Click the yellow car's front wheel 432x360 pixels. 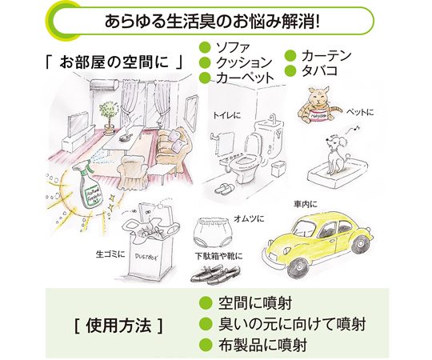point(298,267)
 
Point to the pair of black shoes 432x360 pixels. point(216,274)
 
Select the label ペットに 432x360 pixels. point(360,112)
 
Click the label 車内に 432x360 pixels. point(306,204)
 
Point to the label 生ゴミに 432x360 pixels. point(110,254)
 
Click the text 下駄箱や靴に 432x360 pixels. point(219,256)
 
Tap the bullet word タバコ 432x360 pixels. point(319,70)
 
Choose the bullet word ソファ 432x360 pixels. point(233,48)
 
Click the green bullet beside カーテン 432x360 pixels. point(290,56)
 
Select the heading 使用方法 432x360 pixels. point(118,326)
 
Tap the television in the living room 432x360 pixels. point(78,122)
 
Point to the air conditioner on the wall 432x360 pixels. point(105,85)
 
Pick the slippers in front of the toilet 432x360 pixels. point(225,189)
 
